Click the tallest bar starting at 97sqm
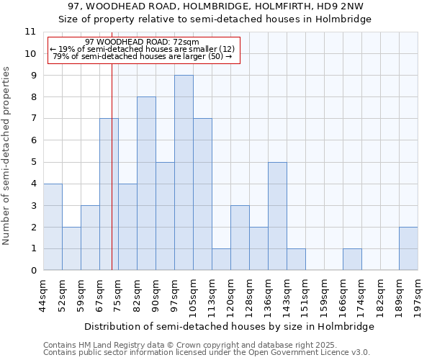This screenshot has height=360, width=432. pyautogui.click(x=184, y=173)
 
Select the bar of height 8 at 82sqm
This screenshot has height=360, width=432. pyautogui.click(x=146, y=184)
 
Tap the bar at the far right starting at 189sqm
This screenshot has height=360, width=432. pyautogui.click(x=408, y=248)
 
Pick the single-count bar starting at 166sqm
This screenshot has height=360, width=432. pyautogui.click(x=352, y=259)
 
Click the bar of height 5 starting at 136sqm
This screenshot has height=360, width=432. pyautogui.click(x=277, y=216)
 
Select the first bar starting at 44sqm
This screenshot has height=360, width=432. pyautogui.click(x=53, y=227)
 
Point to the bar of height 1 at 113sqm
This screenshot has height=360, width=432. pyautogui.click(x=221, y=259)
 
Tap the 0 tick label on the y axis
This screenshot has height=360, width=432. pyautogui.click(x=32, y=271)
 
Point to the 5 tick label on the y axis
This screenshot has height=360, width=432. pyautogui.click(x=32, y=162)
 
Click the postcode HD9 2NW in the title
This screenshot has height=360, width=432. pyautogui.click(x=345, y=6)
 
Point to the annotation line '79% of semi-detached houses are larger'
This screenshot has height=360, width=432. pyautogui.click(x=143, y=56)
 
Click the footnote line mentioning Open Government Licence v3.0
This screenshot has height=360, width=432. pyautogui.click(x=207, y=353)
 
